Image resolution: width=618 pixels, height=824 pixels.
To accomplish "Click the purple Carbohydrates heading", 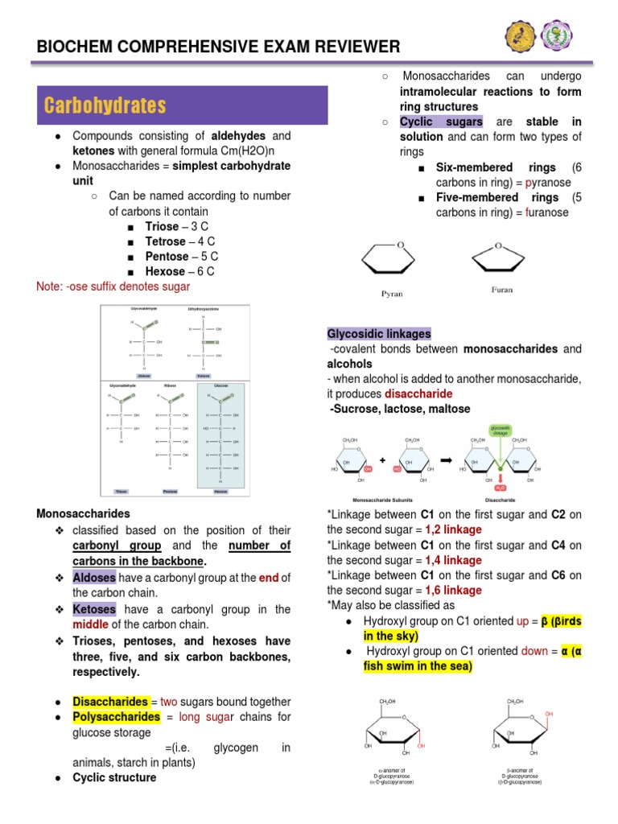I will coord(105,105).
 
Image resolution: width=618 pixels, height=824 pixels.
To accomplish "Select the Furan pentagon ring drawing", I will coord(501,257).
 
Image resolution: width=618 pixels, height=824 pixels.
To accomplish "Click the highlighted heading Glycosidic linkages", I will coord(379,334).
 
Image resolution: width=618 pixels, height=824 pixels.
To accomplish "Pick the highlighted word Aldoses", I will coord(94,579).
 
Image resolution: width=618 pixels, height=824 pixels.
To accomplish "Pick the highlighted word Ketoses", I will coord(94,609).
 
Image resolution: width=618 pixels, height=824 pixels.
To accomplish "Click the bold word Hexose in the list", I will coord(165,272).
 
